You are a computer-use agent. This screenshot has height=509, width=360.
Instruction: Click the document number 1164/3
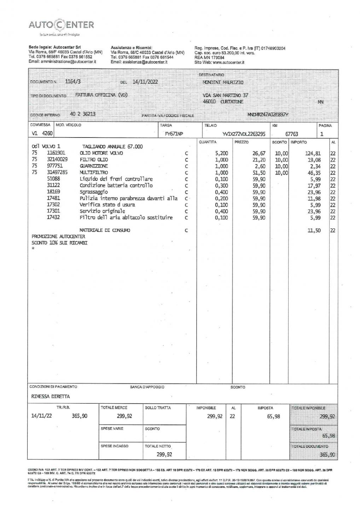point(73,81)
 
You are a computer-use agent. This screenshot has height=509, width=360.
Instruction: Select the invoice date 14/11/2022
point(145,82)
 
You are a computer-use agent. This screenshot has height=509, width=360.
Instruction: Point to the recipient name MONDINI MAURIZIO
point(223,82)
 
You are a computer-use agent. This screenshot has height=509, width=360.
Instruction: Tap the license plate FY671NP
point(174,134)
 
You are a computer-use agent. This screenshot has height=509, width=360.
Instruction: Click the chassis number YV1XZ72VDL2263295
point(244,134)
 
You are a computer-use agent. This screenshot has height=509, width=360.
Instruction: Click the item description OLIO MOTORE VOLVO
point(101,153)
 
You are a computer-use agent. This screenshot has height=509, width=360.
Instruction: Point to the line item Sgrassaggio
point(94,192)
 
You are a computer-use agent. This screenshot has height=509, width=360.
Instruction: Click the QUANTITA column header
point(208,142)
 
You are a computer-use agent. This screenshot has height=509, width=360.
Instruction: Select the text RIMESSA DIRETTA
point(51,396)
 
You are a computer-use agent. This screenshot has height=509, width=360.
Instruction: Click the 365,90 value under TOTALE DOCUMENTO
point(327,455)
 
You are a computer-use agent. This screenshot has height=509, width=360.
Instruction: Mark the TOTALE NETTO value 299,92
point(164,455)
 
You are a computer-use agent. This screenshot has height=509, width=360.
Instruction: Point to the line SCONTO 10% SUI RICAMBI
point(59,243)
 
